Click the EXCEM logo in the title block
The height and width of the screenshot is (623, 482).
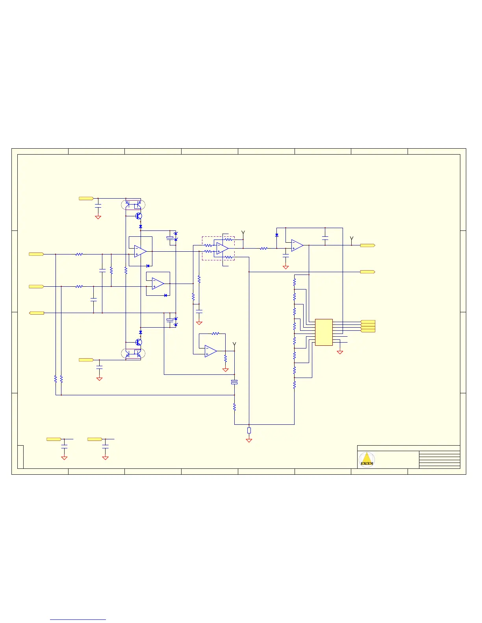(367, 459)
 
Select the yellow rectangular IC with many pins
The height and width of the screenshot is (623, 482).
(324, 332)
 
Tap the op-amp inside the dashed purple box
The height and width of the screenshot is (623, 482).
(222, 248)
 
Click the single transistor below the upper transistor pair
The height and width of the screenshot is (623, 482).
(139, 216)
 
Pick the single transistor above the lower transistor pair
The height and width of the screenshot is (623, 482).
(139, 342)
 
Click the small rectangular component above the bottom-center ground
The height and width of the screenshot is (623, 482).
(249, 430)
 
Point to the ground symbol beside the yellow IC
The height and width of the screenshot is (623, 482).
(340, 352)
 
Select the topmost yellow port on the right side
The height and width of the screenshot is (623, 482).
(367, 245)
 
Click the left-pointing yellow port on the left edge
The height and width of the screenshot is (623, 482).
(37, 313)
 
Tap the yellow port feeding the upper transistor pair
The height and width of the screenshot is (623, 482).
(86, 199)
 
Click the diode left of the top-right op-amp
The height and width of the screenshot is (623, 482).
(277, 235)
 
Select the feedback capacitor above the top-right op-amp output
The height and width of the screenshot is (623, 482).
(325, 238)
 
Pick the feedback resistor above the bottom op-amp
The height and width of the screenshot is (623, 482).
(215, 334)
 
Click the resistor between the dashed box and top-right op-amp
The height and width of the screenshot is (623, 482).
(264, 249)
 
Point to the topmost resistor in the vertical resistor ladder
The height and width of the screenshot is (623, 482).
(295, 282)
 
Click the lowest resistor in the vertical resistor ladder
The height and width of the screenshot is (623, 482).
(295, 384)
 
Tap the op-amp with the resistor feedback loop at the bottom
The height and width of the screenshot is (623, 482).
(210, 352)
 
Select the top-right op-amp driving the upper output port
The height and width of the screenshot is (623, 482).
(297, 245)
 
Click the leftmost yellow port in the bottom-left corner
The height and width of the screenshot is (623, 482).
(54, 439)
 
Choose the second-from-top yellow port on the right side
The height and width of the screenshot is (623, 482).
(367, 272)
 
